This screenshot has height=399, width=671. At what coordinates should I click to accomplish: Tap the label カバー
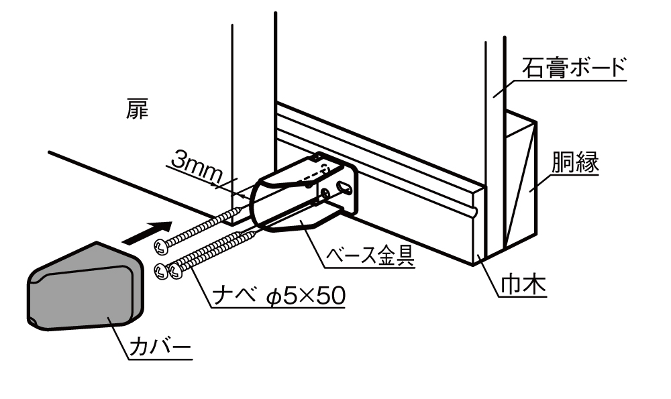[159, 349]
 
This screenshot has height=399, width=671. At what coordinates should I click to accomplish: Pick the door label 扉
[137, 109]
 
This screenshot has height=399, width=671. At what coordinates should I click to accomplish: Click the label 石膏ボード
[573, 68]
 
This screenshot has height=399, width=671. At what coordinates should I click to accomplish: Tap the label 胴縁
[575, 162]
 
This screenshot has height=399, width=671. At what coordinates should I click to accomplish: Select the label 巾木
[523, 286]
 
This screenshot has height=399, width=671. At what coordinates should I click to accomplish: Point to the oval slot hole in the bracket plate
[344, 187]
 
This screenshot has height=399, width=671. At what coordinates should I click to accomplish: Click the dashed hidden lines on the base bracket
[317, 174]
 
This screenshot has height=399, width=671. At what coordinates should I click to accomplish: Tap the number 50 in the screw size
[331, 296]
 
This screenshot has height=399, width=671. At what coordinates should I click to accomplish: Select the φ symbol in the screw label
[273, 297]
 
